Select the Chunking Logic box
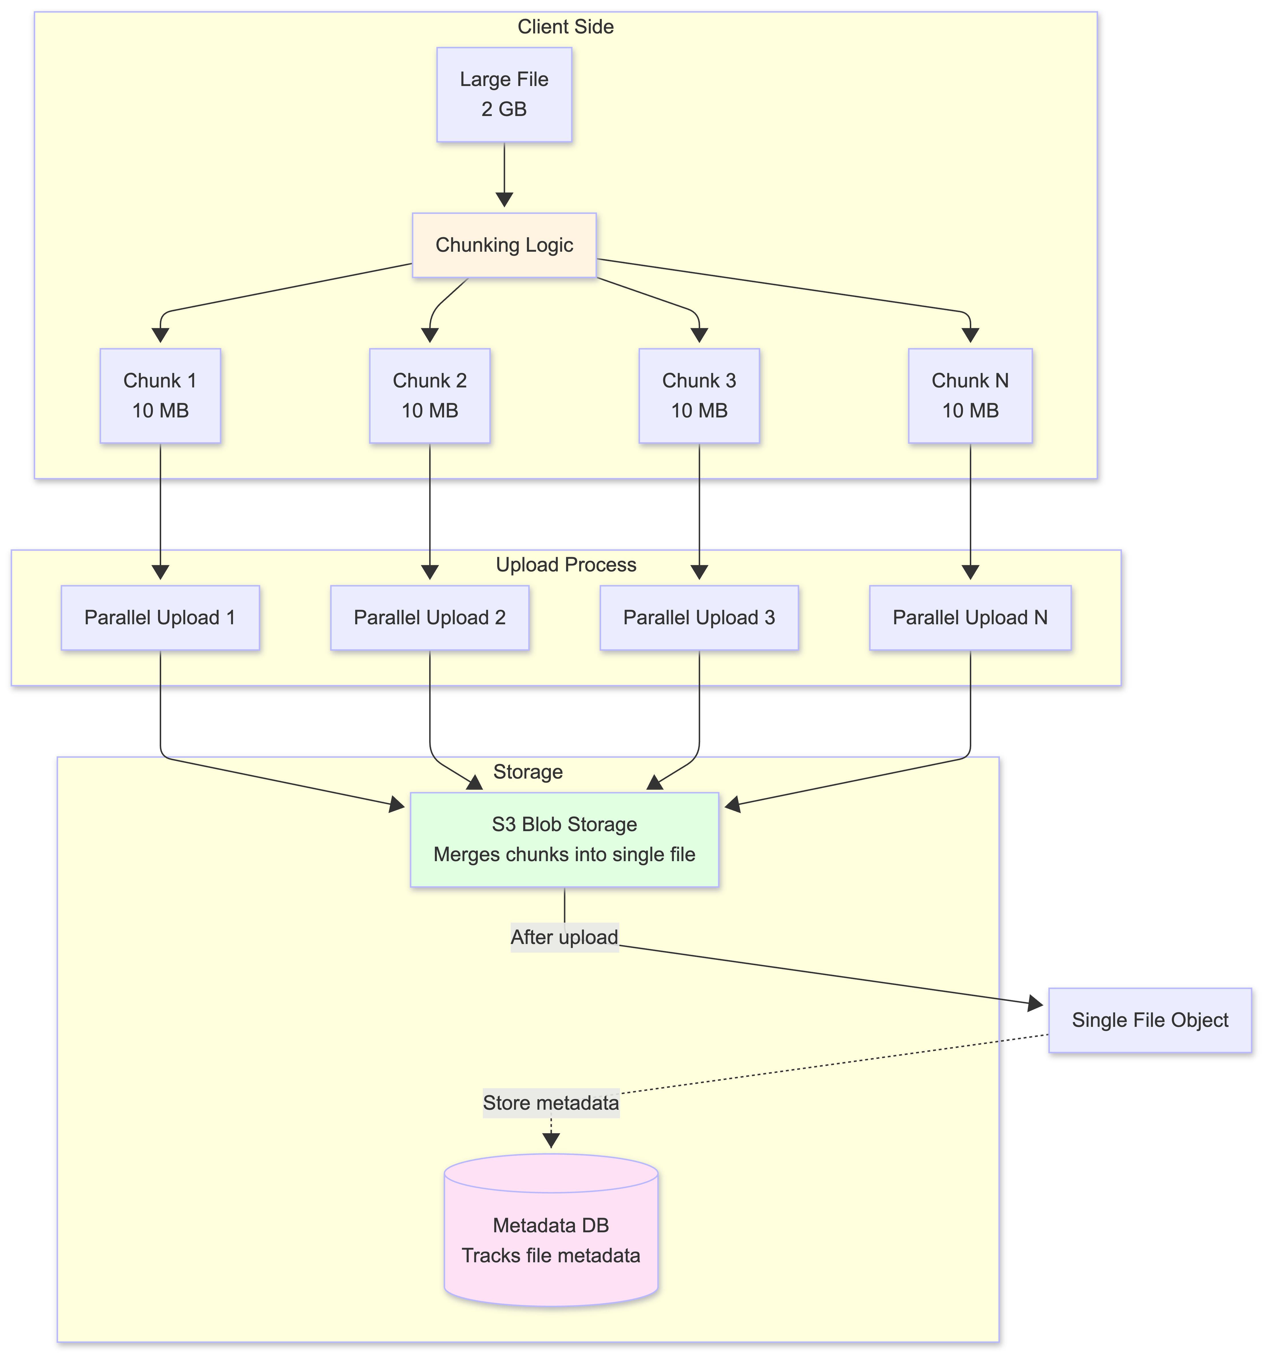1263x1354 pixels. (x=504, y=245)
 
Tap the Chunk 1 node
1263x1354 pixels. (x=160, y=396)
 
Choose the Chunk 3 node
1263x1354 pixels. (x=699, y=396)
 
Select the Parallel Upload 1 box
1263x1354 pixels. (x=160, y=618)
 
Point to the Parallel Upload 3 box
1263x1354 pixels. (x=699, y=618)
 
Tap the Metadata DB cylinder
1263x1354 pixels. (x=550, y=1240)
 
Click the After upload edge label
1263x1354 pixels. (x=564, y=937)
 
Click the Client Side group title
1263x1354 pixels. (x=565, y=27)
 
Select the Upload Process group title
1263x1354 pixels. (x=565, y=565)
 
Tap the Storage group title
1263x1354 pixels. (x=528, y=772)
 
